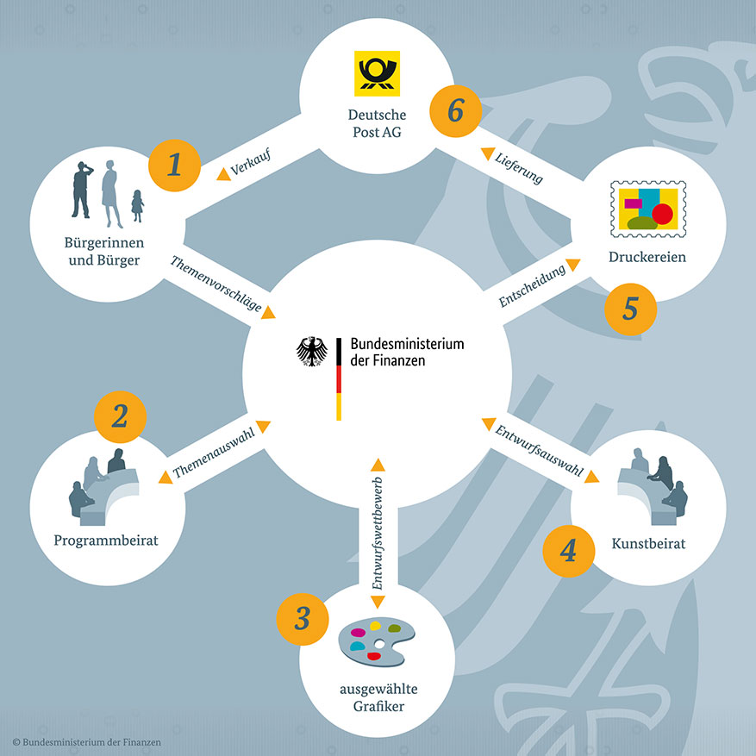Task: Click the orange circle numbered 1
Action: click(x=174, y=165)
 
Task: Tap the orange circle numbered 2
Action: click(x=120, y=416)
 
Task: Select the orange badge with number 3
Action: click(x=303, y=619)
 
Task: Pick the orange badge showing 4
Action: click(x=568, y=551)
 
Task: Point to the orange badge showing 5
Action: click(x=630, y=309)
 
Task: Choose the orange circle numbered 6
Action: click(x=456, y=111)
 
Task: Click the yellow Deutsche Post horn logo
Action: click(x=377, y=73)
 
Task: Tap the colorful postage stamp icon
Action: click(x=648, y=209)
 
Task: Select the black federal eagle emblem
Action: click(x=311, y=352)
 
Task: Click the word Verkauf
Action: click(x=251, y=162)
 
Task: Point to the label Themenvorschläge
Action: click(x=216, y=284)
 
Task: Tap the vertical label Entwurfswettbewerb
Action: click(x=378, y=534)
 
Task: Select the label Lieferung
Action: click(x=519, y=168)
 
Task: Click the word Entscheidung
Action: click(x=532, y=286)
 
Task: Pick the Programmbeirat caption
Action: click(x=106, y=540)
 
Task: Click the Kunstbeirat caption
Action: click(x=648, y=544)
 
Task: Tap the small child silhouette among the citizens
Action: click(x=137, y=206)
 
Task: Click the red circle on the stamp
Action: click(x=662, y=214)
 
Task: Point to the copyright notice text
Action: click(x=87, y=742)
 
